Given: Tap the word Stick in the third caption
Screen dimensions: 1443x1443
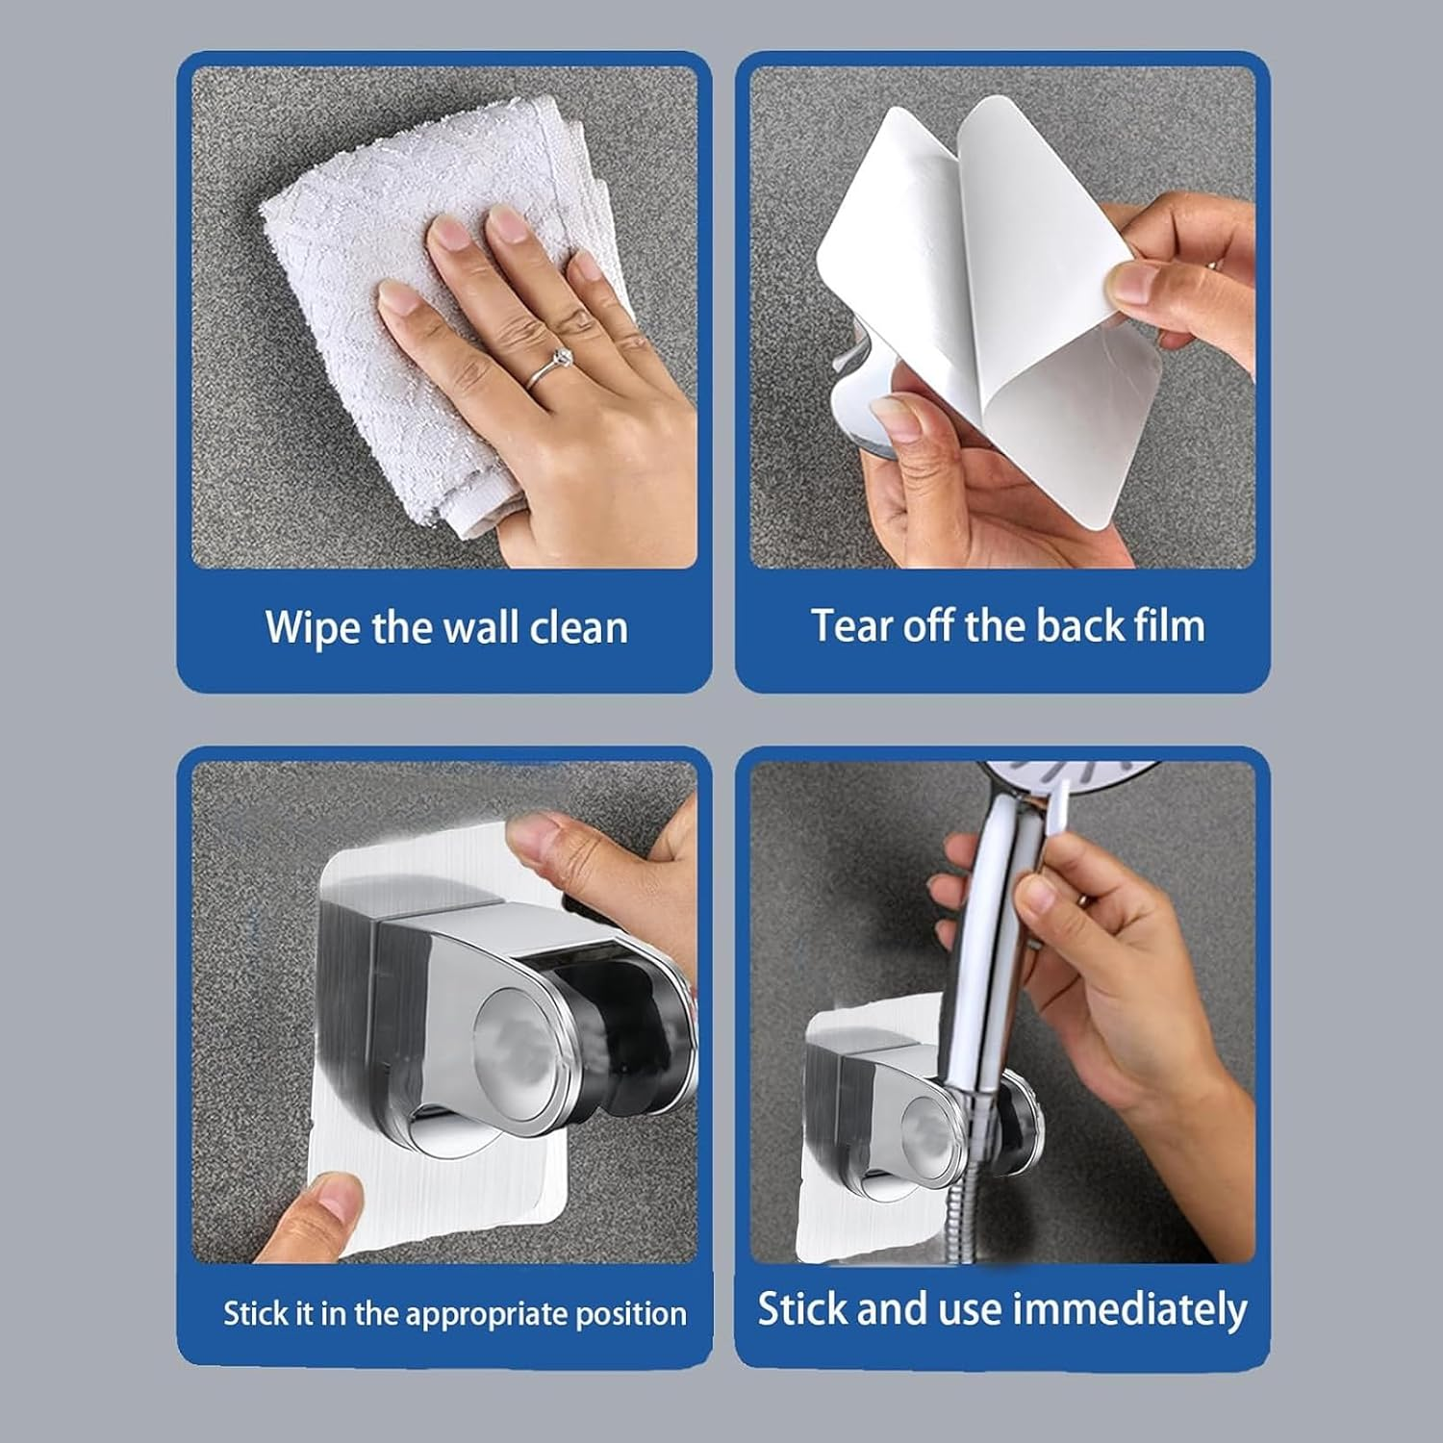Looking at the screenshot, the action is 256,1314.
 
